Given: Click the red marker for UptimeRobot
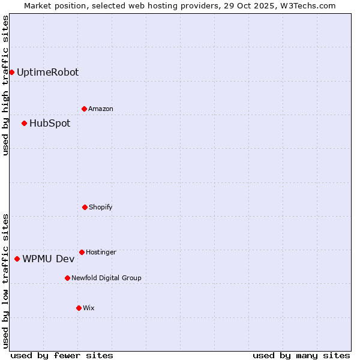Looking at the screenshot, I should pos(11,73).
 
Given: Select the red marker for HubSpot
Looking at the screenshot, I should pos(24,124).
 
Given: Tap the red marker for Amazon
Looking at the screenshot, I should pos(84,109).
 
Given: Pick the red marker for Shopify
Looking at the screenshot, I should pos(85,207).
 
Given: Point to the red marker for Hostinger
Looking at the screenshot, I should pos(82,252).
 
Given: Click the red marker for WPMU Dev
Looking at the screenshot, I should pos(17,259).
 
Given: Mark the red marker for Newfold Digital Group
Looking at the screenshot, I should pos(67,278).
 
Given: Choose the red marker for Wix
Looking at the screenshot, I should pos(79,308).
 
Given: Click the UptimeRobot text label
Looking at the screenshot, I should pos(47,73).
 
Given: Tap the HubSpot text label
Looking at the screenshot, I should pos(50,124).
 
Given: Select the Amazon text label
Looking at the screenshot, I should pos(101,109).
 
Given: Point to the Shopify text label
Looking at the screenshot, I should pos(101,207).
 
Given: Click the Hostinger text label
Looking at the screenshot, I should pos(101,252).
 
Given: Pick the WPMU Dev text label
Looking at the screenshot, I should pos(49,259).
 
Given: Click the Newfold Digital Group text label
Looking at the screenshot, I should pos(106,278).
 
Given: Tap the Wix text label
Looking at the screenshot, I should pos(89,308).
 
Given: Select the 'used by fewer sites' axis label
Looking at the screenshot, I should pos(62,355).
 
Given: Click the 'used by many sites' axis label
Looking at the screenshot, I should pos(301,355).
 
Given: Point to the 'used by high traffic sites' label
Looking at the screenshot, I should pos(5,85).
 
